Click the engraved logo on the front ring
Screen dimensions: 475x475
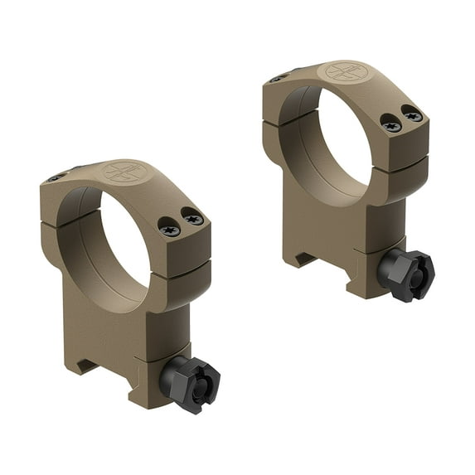pyautogui.click(x=124, y=172)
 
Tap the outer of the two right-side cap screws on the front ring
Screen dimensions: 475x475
pyautogui.click(x=194, y=219)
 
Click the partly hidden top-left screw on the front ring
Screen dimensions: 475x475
pyautogui.click(x=56, y=177)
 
